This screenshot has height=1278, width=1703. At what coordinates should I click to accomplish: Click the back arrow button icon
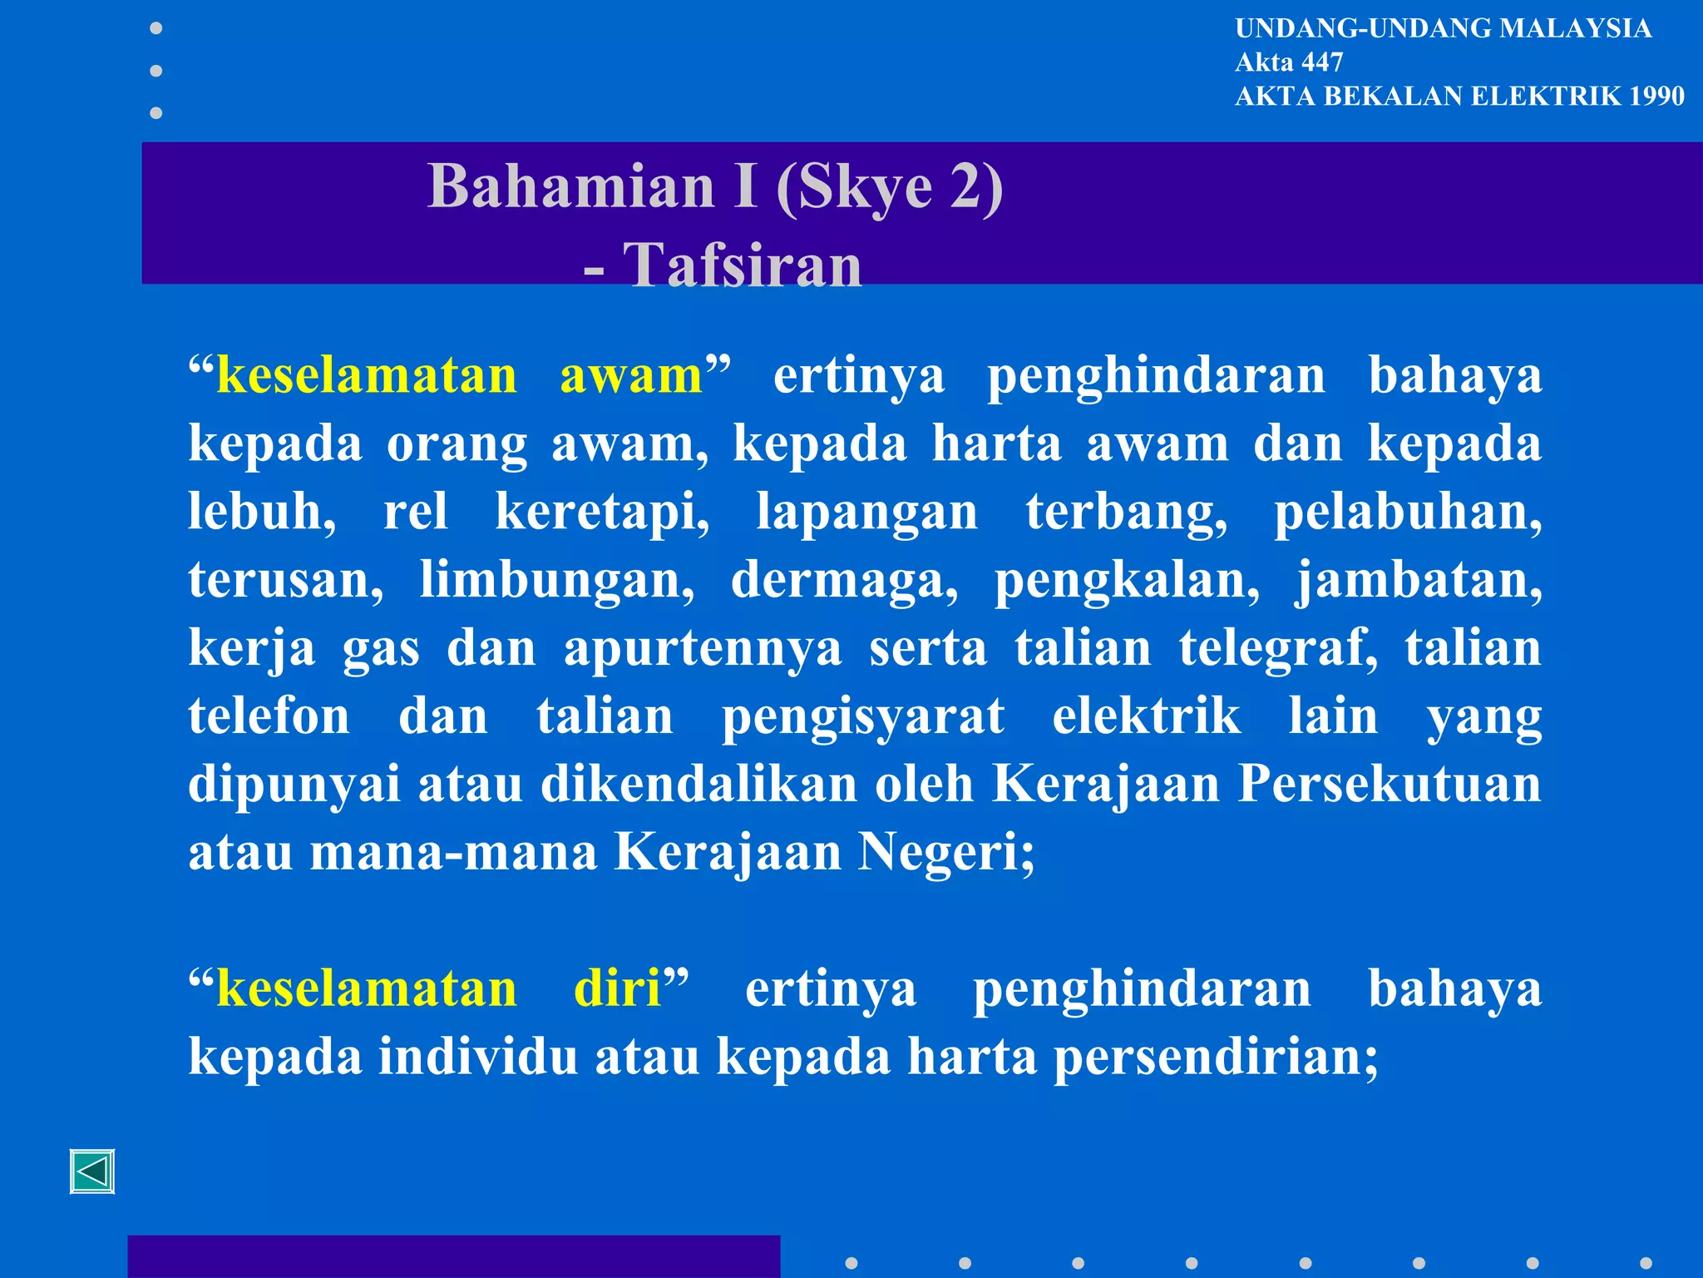(x=92, y=1171)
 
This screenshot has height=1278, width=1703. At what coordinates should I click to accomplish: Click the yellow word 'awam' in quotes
(x=631, y=376)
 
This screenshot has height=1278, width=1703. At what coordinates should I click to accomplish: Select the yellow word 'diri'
(x=616, y=988)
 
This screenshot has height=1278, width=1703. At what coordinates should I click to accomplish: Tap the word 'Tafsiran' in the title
(x=742, y=266)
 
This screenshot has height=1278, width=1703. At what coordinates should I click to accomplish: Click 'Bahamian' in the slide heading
(x=570, y=186)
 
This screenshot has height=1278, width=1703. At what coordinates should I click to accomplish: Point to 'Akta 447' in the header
(x=1289, y=62)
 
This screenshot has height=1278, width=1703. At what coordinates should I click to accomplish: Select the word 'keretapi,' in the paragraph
(x=602, y=512)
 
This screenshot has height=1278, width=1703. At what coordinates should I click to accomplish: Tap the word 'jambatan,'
(x=1419, y=580)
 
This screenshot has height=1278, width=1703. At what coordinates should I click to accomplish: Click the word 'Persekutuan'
(x=1389, y=784)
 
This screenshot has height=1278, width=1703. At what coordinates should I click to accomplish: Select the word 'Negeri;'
(x=946, y=853)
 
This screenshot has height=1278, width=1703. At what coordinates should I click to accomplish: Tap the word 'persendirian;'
(x=1216, y=1058)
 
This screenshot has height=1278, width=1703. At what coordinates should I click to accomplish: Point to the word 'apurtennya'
(x=703, y=648)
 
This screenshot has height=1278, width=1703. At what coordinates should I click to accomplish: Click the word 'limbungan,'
(x=556, y=580)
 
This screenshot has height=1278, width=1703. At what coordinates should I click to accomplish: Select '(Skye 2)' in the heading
(x=889, y=186)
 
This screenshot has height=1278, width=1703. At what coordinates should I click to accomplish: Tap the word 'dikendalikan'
(x=698, y=784)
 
